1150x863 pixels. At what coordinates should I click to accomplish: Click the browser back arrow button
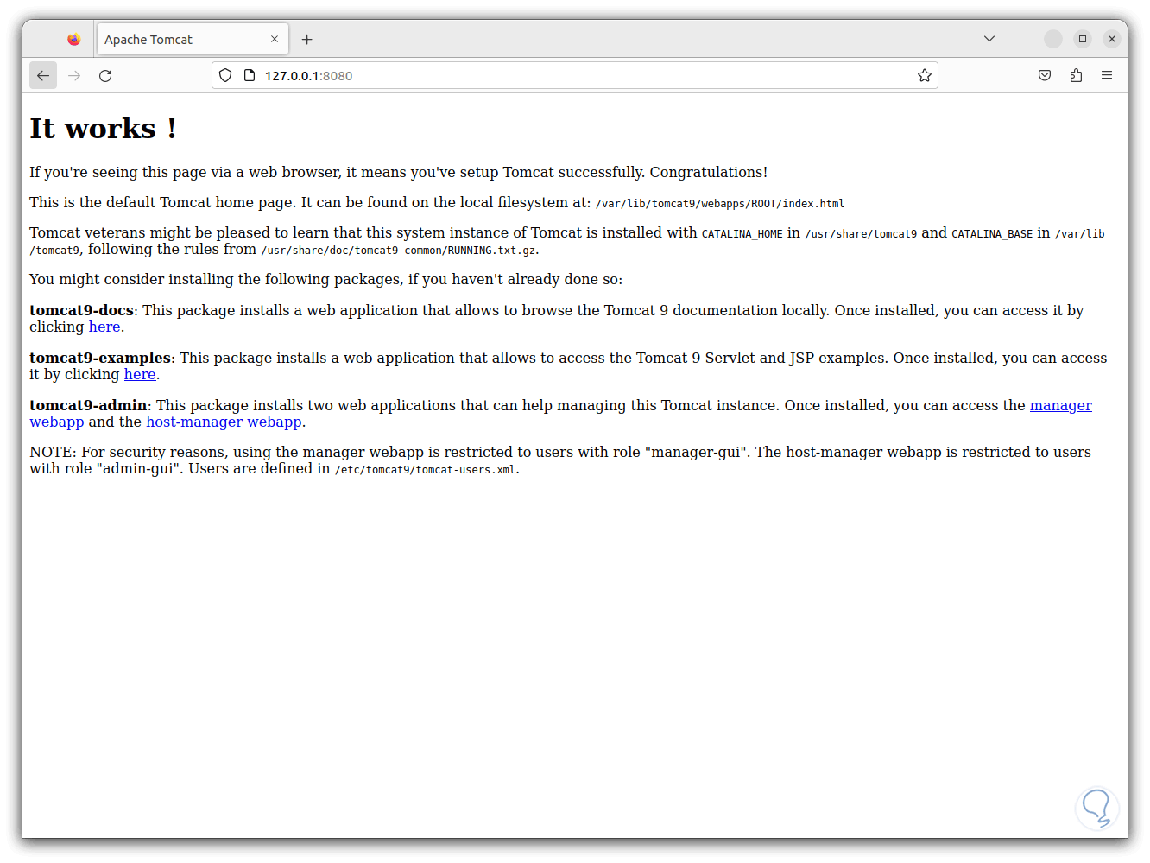(x=43, y=76)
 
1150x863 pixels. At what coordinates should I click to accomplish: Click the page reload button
(x=105, y=76)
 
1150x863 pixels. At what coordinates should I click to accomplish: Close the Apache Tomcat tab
(x=275, y=40)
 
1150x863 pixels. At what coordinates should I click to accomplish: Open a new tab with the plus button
(x=306, y=40)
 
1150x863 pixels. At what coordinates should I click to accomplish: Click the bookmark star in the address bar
(x=925, y=76)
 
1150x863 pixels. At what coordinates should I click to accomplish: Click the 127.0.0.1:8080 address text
(x=308, y=76)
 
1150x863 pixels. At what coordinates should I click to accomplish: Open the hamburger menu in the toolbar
(x=1107, y=76)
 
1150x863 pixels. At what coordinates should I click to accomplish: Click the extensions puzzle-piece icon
(x=1076, y=76)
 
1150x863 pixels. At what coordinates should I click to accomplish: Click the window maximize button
(x=1083, y=39)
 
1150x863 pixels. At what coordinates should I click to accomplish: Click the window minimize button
(x=1053, y=39)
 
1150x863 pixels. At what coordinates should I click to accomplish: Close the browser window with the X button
(x=1112, y=39)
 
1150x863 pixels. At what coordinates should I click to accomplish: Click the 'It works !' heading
(x=103, y=129)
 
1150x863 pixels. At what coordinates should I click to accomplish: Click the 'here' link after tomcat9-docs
(x=104, y=327)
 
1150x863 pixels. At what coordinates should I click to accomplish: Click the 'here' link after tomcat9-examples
(x=140, y=375)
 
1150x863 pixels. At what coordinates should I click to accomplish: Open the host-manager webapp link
(x=224, y=422)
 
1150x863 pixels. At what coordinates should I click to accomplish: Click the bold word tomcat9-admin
(x=88, y=405)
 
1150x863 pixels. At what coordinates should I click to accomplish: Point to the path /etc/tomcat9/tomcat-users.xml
(x=426, y=470)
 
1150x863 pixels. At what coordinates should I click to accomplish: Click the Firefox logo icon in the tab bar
(x=74, y=40)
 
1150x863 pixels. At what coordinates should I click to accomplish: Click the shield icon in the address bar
(x=225, y=76)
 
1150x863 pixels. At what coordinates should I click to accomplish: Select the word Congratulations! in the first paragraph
(x=708, y=173)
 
